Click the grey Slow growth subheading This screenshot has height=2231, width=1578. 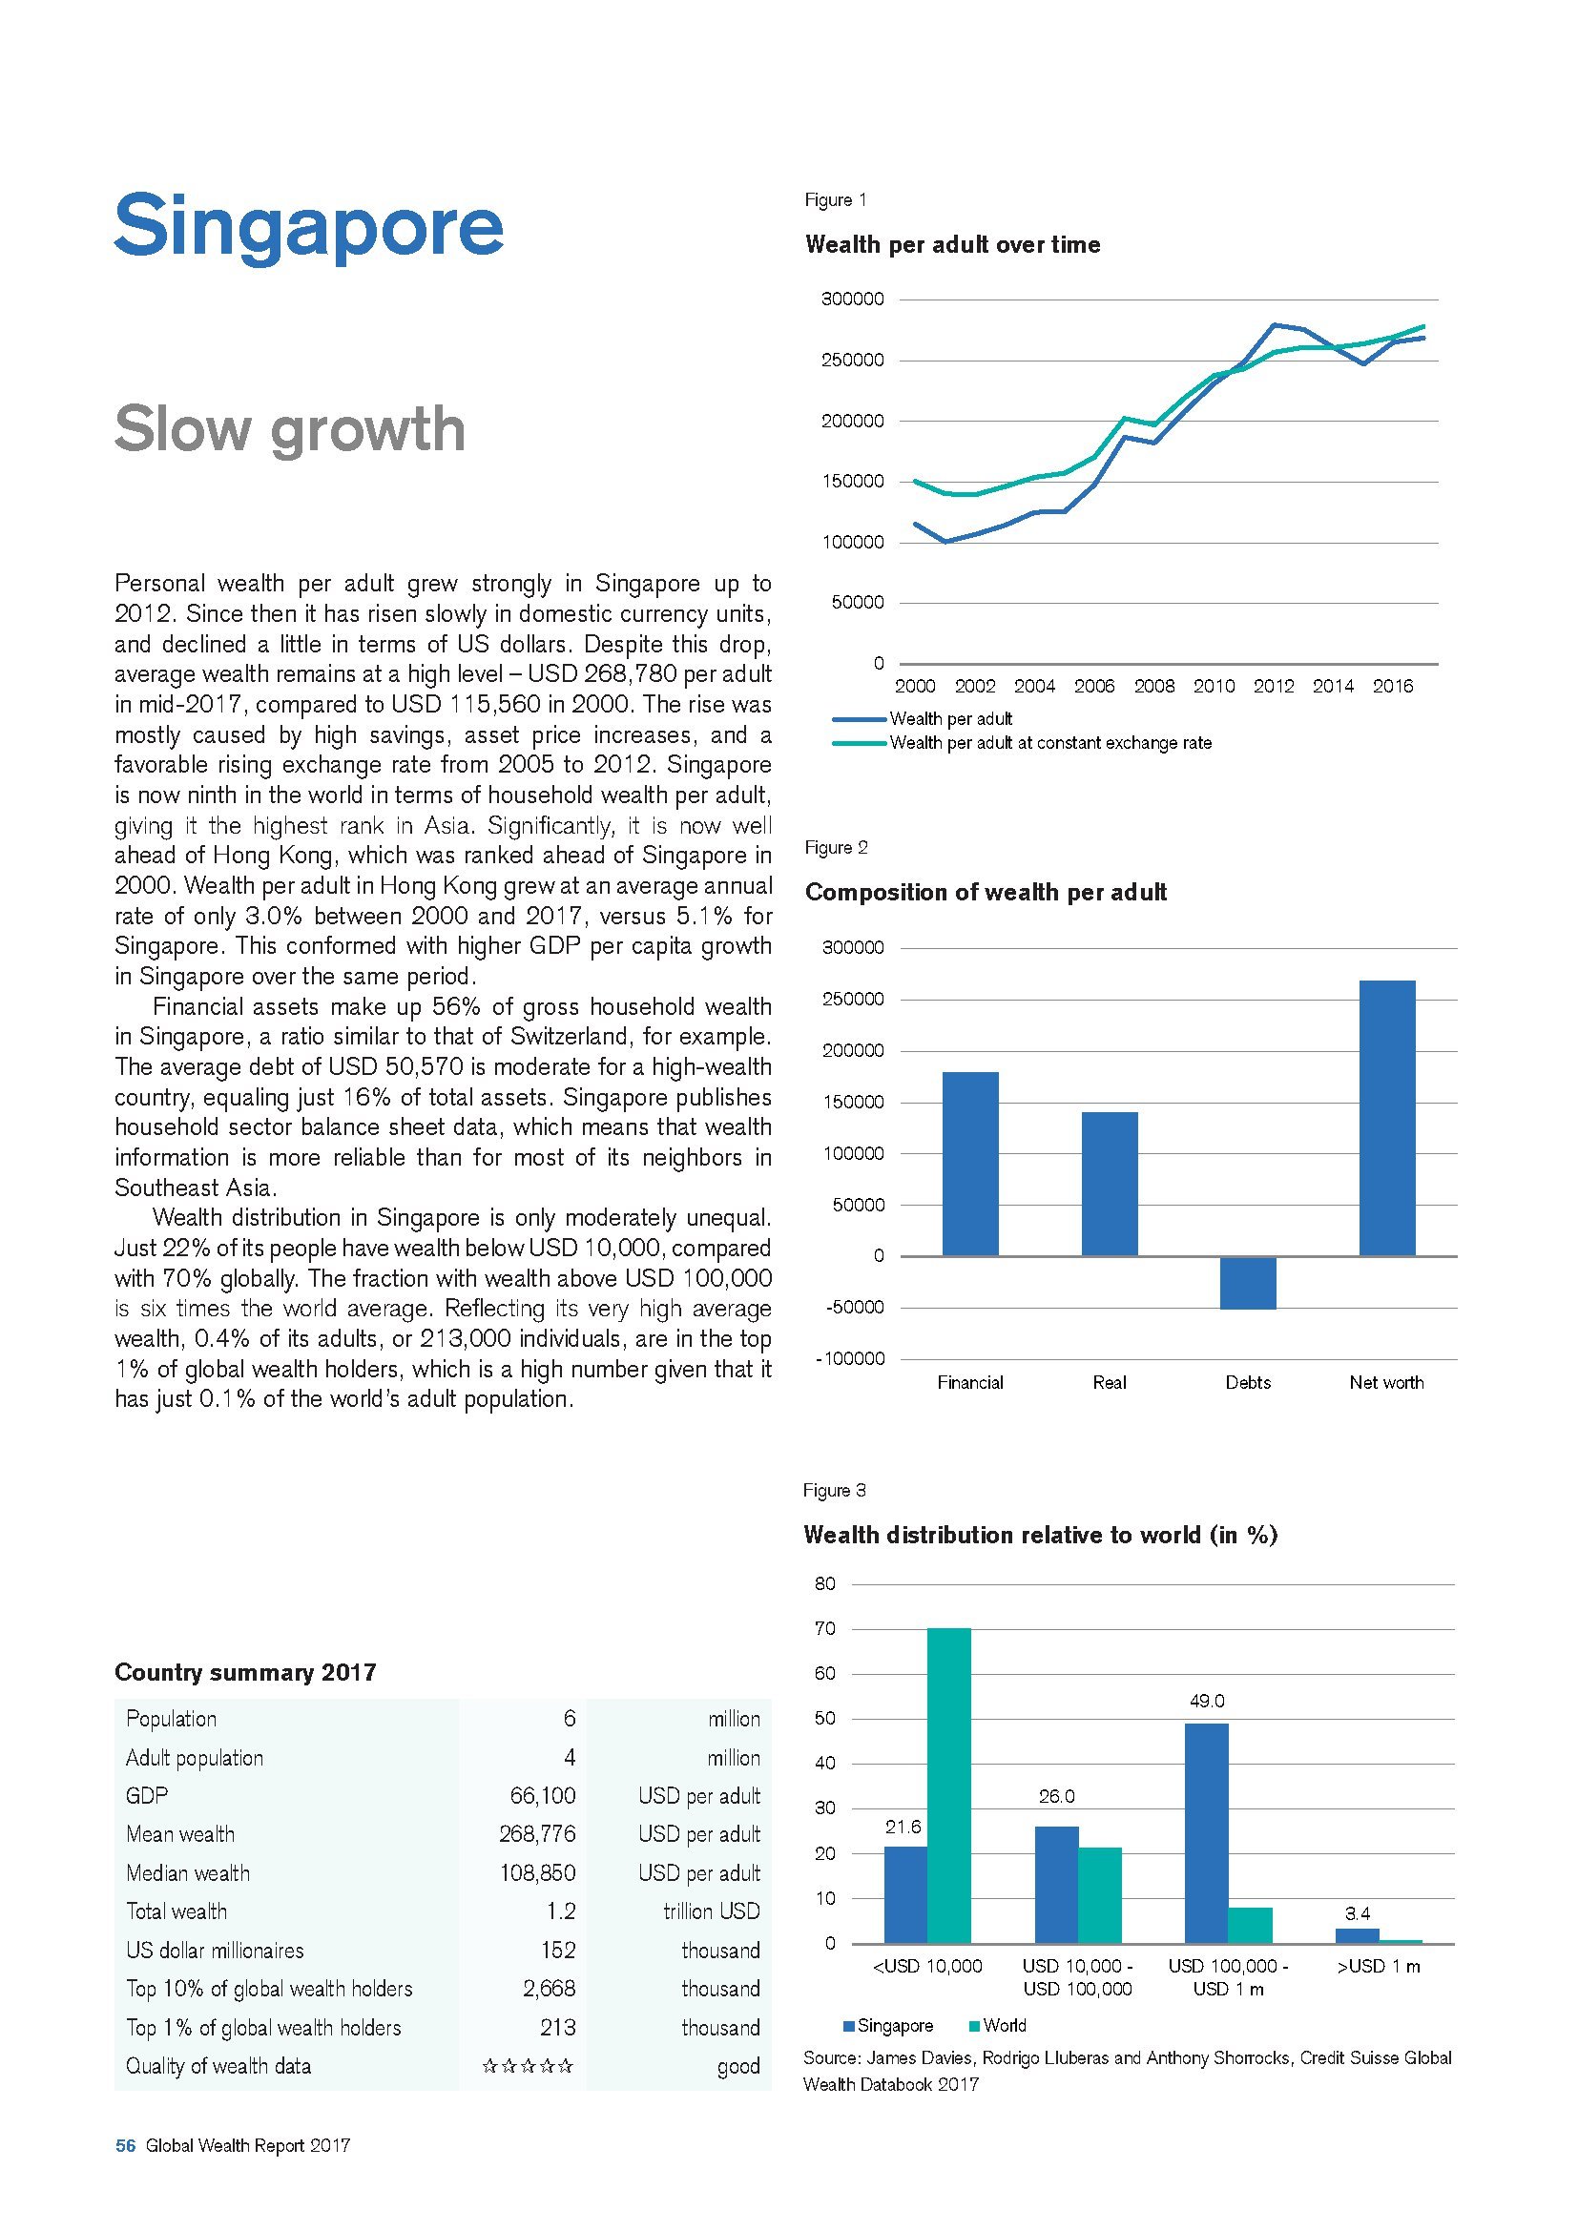click(x=290, y=429)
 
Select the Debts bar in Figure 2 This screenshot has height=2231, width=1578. click(x=1248, y=1283)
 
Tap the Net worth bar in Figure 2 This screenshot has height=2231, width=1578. click(x=1386, y=1118)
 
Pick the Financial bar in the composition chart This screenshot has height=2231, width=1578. click(x=969, y=1163)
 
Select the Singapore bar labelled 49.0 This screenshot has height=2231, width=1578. click(x=1206, y=1832)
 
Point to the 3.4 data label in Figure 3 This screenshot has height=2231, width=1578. click(x=1358, y=1913)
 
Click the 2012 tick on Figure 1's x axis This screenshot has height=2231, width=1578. click(x=1273, y=686)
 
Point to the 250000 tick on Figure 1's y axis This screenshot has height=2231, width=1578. click(x=852, y=361)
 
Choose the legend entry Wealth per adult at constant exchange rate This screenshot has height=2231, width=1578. click(x=1050, y=743)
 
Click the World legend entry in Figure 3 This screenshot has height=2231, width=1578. click(x=1004, y=2026)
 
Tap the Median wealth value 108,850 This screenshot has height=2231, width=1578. click(x=537, y=1873)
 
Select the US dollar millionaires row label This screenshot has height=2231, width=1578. click(x=215, y=1951)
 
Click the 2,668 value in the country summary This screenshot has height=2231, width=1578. click(x=549, y=1989)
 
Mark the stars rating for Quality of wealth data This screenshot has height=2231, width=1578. click(x=528, y=2066)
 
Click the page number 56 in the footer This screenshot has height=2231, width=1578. click(x=125, y=2174)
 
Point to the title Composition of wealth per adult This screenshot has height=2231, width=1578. click(x=986, y=892)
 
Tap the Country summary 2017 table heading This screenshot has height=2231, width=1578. click(x=245, y=1672)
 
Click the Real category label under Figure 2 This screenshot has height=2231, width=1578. click(x=1109, y=1383)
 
